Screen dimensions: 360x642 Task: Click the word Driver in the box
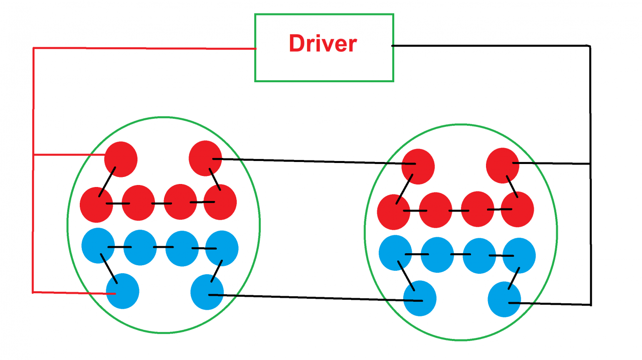click(x=323, y=44)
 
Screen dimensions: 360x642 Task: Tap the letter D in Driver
click(x=296, y=44)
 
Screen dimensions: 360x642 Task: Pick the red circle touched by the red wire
click(x=121, y=159)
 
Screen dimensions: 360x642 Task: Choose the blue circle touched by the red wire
click(x=122, y=291)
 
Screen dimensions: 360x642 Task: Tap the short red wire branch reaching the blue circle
click(x=70, y=292)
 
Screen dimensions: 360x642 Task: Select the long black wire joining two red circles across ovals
click(x=311, y=161)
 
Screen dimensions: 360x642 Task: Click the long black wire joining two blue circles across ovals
click(x=311, y=297)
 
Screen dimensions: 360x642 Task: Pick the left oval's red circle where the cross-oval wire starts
click(x=205, y=158)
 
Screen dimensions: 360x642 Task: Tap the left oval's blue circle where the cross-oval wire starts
click(x=207, y=292)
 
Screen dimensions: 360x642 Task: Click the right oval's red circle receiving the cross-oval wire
click(x=418, y=166)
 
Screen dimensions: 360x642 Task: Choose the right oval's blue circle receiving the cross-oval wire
click(x=420, y=298)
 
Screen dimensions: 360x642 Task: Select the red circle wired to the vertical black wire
click(x=503, y=165)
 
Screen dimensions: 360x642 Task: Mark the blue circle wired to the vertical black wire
click(x=504, y=299)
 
